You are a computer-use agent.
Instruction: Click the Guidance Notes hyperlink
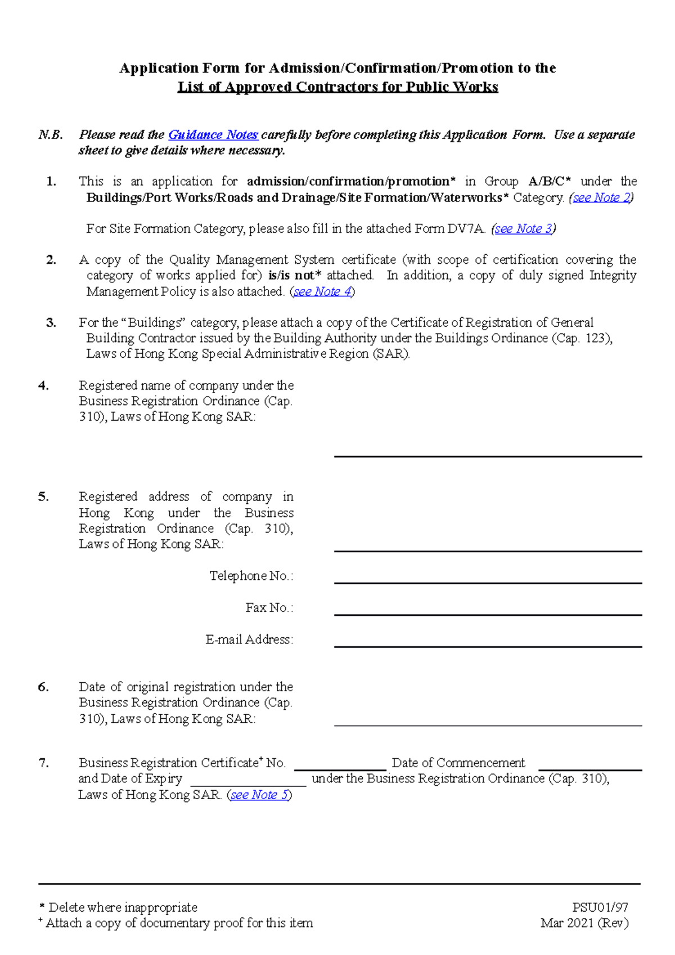[x=213, y=135]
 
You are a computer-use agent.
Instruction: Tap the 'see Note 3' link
[x=524, y=229]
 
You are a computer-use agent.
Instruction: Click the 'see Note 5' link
[x=259, y=795]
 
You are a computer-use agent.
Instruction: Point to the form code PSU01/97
[x=600, y=907]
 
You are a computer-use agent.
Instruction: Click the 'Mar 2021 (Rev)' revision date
[x=584, y=923]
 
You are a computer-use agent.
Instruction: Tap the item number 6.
[x=43, y=687]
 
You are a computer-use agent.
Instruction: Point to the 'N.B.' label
[x=50, y=135]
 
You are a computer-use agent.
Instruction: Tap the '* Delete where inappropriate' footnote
[x=118, y=907]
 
